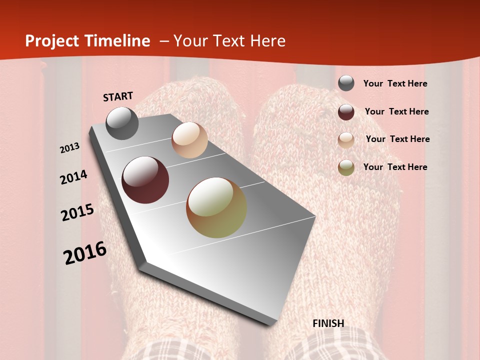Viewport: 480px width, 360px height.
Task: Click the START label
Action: [x=118, y=96]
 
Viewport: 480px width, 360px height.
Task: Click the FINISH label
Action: [x=328, y=323]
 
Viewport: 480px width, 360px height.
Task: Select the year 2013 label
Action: [x=70, y=148]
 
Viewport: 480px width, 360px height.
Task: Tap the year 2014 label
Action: [x=73, y=177]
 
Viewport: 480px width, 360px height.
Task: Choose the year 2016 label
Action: [x=85, y=253]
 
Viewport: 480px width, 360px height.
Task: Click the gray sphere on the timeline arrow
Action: [x=122, y=123]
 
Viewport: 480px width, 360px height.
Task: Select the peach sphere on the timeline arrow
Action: [x=189, y=140]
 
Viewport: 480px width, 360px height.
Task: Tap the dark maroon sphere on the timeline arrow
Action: [x=145, y=180]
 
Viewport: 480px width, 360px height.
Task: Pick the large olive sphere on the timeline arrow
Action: [x=216, y=207]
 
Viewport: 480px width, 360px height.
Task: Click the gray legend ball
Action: [x=346, y=83]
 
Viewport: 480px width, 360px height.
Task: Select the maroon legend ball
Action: [x=346, y=111]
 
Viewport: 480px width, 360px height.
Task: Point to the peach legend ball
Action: [x=346, y=139]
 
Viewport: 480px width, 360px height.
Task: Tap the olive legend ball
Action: [x=346, y=167]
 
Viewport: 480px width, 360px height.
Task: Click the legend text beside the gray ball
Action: [x=395, y=83]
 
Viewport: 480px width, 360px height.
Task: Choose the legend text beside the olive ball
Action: [x=395, y=167]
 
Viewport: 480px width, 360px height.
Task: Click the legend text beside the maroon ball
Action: [x=396, y=111]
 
